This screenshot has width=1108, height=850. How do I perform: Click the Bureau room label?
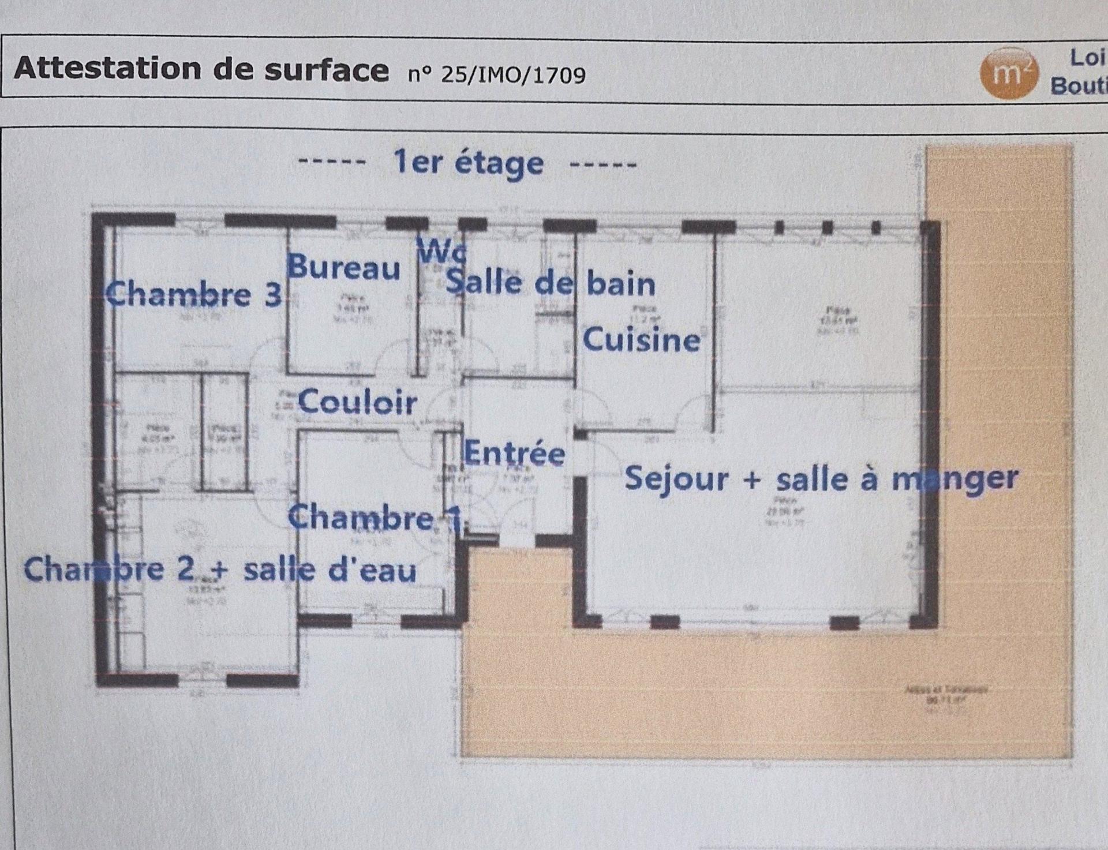point(343,267)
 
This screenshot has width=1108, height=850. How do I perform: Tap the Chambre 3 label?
point(194,294)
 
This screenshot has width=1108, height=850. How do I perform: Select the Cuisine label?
point(641,339)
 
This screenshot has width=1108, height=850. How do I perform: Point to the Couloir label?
point(357,402)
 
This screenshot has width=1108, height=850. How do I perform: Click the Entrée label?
point(514,453)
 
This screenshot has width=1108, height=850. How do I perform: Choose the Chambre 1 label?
point(375,517)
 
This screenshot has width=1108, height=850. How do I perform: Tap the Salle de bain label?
point(551,283)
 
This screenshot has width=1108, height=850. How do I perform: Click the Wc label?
point(441,252)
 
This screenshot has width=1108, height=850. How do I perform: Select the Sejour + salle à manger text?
point(821,479)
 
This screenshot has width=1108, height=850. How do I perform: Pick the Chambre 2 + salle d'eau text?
point(220,570)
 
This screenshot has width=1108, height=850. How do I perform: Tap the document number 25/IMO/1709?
point(512,75)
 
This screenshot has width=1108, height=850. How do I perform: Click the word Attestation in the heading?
point(108,69)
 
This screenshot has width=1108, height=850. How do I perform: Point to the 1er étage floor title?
point(467,163)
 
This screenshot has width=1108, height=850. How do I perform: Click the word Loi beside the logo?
point(1087,58)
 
